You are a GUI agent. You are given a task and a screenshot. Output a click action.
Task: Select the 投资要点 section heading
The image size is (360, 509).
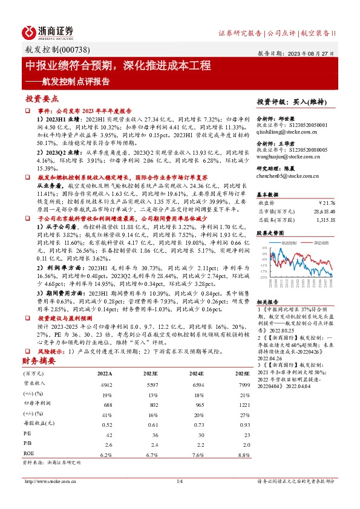[42, 98]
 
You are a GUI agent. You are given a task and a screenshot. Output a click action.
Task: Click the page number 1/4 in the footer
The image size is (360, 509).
[179, 498]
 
